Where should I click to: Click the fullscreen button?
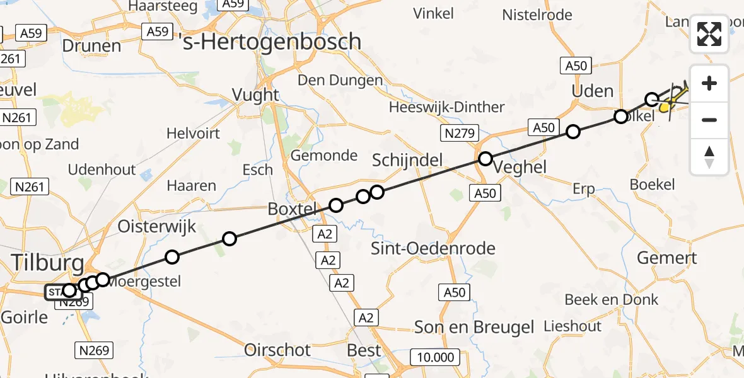click(709, 34)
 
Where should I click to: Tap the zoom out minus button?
click(709, 120)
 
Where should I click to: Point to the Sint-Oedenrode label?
click(433, 248)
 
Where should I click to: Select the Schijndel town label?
click(407, 160)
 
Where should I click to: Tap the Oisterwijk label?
click(158, 226)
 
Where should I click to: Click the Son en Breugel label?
click(474, 327)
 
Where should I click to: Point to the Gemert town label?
click(667, 258)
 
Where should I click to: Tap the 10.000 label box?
click(435, 358)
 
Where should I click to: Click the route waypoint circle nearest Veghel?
click(485, 159)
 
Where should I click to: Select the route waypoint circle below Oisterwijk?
click(171, 256)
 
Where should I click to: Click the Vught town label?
click(255, 94)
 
